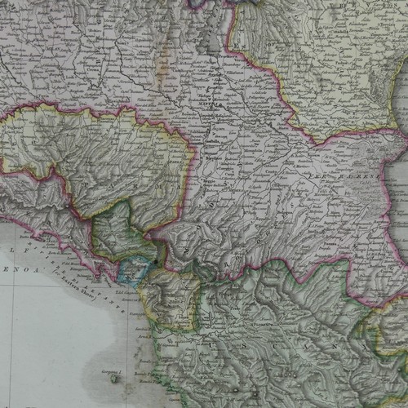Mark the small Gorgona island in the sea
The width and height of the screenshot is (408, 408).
[x=113, y=379]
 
